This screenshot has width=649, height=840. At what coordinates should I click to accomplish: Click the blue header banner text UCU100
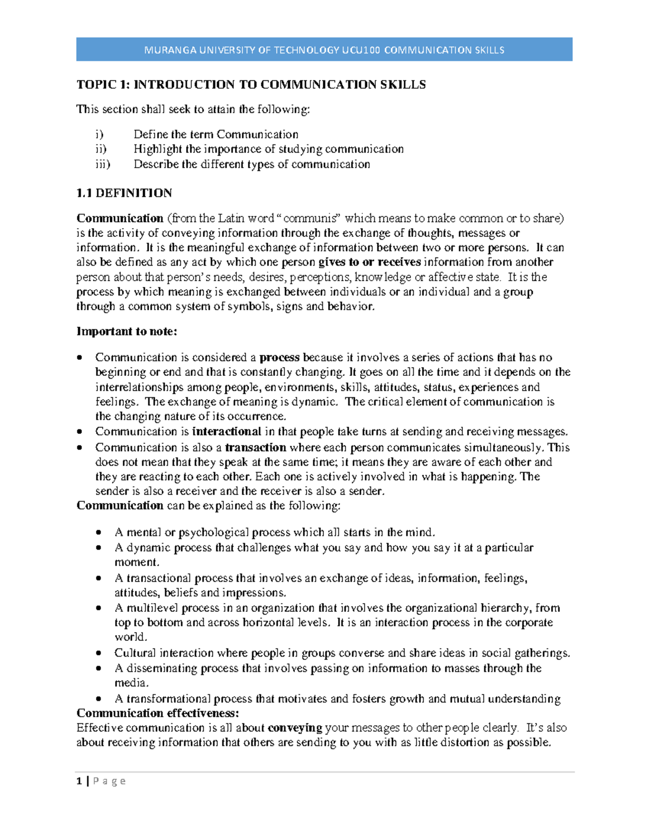[361, 50]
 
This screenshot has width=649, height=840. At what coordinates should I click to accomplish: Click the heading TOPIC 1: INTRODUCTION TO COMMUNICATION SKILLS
[251, 84]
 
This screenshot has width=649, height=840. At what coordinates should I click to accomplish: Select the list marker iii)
[103, 164]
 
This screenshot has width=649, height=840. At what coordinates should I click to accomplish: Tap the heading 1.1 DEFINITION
[124, 193]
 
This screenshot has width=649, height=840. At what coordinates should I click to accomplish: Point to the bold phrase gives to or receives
[369, 262]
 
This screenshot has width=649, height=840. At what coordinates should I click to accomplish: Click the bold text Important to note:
[127, 332]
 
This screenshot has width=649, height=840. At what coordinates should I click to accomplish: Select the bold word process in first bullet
[279, 358]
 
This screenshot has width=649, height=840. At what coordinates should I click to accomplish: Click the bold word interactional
[227, 432]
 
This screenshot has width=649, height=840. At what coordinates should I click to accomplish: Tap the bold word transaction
[255, 447]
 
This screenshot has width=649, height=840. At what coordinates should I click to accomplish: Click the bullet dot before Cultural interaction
[98, 653]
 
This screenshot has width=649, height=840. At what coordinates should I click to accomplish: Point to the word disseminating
[162, 669]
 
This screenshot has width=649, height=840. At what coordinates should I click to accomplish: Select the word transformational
[169, 699]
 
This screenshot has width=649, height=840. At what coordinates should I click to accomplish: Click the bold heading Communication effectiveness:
[157, 713]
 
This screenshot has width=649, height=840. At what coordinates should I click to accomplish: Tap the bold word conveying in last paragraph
[295, 728]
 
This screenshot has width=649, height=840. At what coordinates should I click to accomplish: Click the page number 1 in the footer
[80, 781]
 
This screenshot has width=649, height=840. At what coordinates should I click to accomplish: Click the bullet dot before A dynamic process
[98, 548]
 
